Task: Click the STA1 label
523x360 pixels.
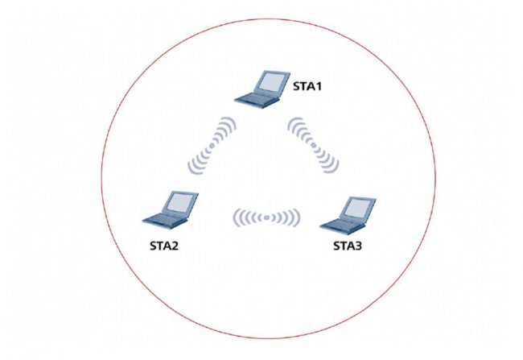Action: click(307, 86)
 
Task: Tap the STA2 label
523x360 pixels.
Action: click(164, 246)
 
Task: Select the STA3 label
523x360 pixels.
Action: click(348, 246)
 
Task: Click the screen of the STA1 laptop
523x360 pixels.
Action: click(272, 82)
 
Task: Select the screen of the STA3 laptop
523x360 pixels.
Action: click(358, 208)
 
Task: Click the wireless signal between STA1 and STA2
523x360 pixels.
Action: click(212, 146)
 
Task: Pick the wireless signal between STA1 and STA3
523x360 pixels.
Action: click(313, 145)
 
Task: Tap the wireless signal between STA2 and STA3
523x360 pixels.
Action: click(266, 217)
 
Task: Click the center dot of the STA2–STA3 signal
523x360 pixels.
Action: click(266, 217)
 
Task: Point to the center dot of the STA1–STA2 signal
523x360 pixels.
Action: click(212, 146)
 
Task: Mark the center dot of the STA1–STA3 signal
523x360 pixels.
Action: click(313, 145)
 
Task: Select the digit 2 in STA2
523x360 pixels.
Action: click(175, 246)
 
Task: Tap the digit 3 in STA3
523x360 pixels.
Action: click(359, 246)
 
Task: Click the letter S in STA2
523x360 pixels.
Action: click(153, 246)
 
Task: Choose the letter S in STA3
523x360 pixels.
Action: click(336, 246)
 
